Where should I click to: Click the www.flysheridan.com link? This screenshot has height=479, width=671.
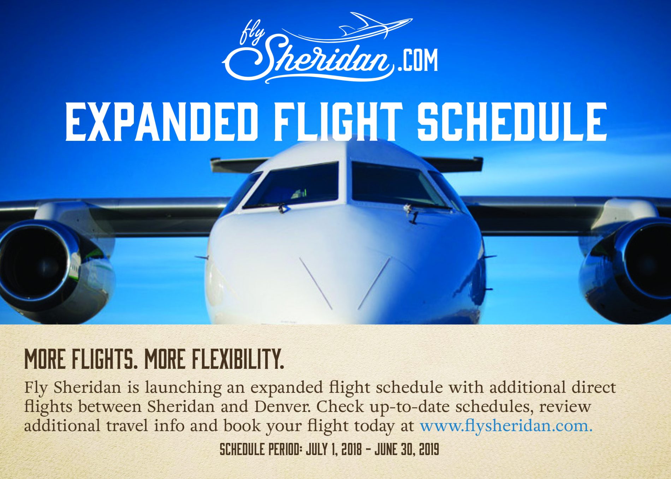506,426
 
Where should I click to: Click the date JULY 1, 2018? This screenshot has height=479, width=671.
334,450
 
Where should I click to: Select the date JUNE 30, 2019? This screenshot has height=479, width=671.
407,450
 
